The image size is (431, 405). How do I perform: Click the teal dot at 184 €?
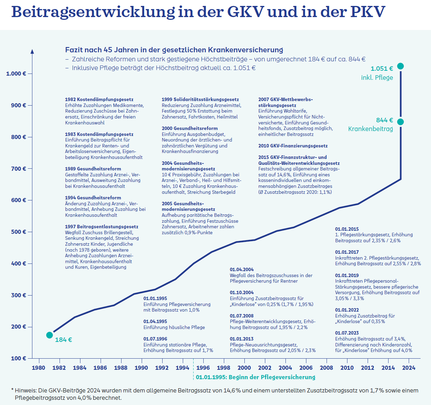[x=49, y=335]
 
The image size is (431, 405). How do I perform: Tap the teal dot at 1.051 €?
[x=400, y=66]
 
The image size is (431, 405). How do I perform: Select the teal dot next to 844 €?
[x=400, y=122]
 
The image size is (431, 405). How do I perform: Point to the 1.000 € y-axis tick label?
[x=16, y=74]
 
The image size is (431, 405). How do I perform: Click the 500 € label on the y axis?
[x=18, y=232]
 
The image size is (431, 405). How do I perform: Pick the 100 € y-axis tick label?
[x=18, y=358]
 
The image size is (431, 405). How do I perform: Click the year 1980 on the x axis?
[x=38, y=368]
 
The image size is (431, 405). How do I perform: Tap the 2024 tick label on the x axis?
[x=409, y=368]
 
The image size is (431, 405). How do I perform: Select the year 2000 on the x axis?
[x=244, y=368]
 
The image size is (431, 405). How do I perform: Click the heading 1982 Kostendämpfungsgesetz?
[x=99, y=100]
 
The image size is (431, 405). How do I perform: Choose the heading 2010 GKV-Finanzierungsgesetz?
[x=293, y=146]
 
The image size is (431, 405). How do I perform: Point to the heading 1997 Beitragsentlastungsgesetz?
[x=102, y=227]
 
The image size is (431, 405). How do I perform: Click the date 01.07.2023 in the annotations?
[x=347, y=333]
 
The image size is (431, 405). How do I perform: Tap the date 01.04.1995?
[x=155, y=321]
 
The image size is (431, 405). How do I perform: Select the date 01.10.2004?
[x=242, y=292]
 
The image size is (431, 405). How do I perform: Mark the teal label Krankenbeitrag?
[x=370, y=129]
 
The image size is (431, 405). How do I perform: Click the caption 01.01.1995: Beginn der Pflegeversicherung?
[x=256, y=377]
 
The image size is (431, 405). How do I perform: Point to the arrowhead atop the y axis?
[x=32, y=51]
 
